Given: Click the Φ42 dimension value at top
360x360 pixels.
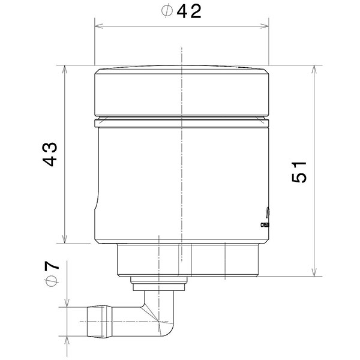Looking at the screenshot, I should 181,11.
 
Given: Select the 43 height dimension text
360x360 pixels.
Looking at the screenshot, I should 51,154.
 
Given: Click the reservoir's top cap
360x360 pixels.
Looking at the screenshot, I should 181,91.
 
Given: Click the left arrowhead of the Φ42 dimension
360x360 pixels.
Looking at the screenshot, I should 98,26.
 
